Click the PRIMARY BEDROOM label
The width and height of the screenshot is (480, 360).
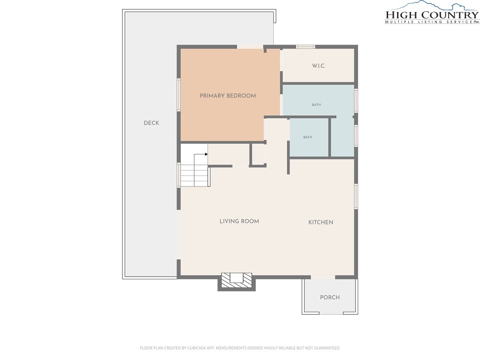point(228,96)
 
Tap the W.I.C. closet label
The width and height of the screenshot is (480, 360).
point(319,66)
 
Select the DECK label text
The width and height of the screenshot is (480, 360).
point(151,123)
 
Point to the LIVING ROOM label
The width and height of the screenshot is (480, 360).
point(239,221)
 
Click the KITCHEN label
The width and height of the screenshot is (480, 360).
point(321,222)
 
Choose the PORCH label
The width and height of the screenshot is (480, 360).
point(330,297)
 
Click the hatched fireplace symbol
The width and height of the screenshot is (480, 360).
point(237,280)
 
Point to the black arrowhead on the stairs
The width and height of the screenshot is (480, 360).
point(206,154)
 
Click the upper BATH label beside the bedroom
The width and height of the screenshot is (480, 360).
point(316,105)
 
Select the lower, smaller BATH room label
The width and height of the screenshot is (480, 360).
point(307,137)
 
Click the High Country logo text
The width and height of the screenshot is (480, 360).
point(432,15)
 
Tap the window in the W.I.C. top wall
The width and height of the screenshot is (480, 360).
point(306,47)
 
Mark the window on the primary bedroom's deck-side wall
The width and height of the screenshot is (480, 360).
point(179,95)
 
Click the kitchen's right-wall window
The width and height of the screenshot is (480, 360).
point(356,196)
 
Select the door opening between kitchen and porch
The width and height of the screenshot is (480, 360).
point(323,277)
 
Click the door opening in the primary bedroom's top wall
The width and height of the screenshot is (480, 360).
point(250,47)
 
